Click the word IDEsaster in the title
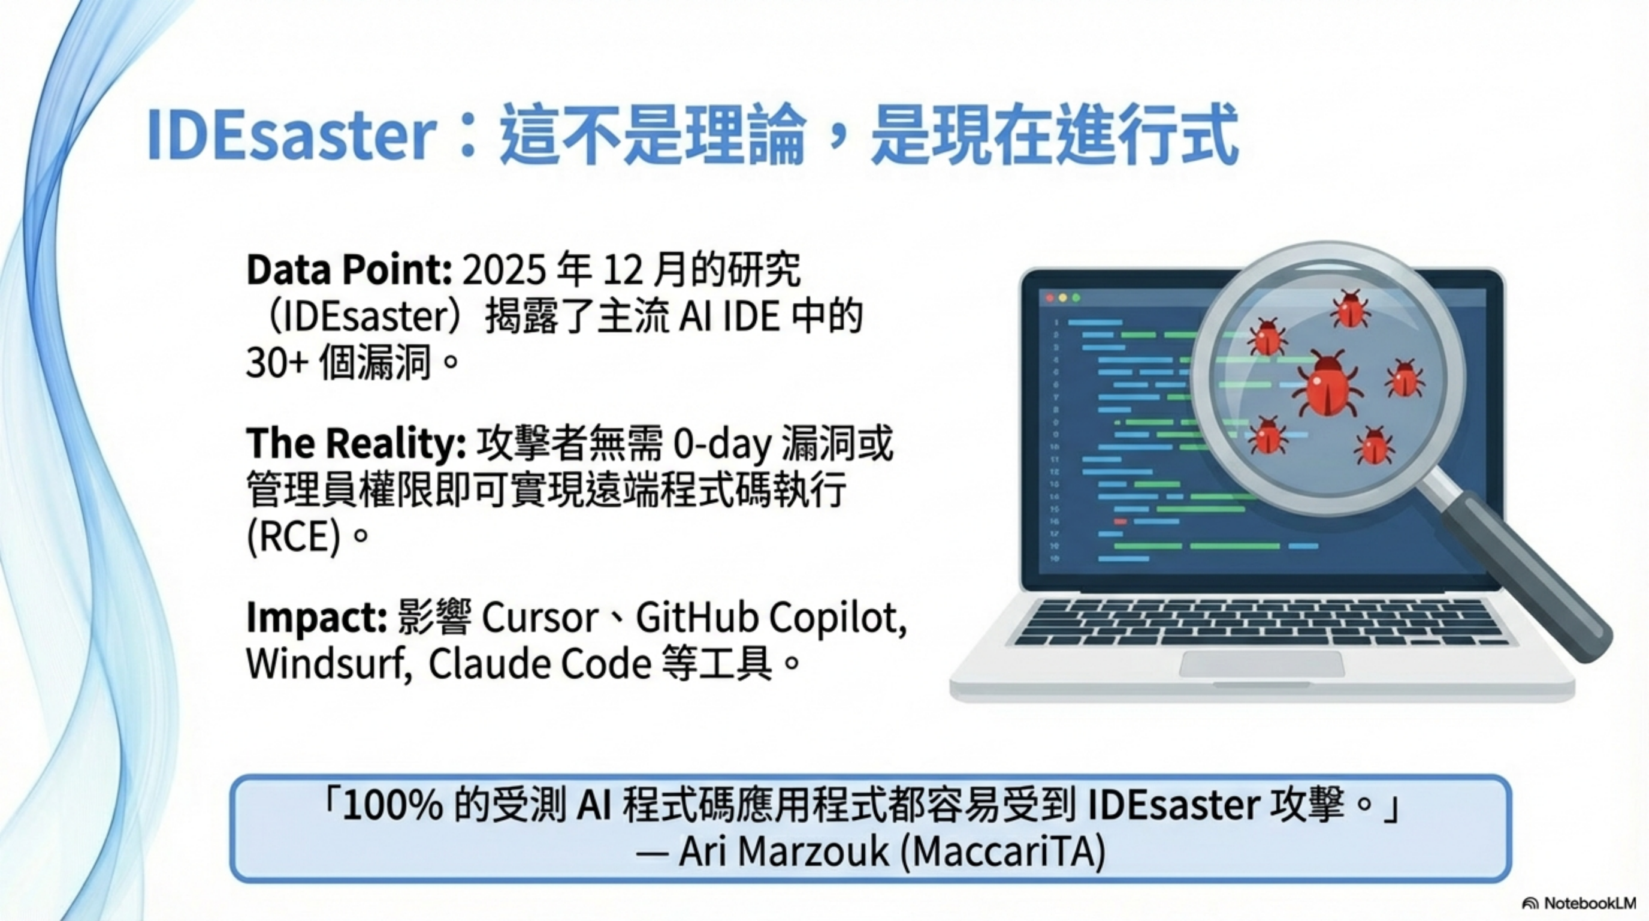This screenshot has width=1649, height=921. tap(292, 135)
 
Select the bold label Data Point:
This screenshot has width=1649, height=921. tap(349, 270)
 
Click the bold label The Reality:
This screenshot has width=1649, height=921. tap(357, 443)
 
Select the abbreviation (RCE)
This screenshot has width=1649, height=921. tap(294, 537)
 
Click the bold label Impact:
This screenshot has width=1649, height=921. tap(317, 618)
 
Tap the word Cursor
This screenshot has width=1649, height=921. tap(540, 618)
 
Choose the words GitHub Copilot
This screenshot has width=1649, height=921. tap(771, 618)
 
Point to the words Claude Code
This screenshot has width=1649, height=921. tap(540, 664)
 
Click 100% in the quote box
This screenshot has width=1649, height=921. tap(392, 806)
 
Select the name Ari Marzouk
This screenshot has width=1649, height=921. tap(784, 852)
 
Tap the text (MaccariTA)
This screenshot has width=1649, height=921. tap(1002, 853)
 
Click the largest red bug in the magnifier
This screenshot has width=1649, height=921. tap(1327, 386)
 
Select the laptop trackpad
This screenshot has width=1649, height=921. tap(1261, 664)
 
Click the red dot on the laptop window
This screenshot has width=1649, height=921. tap(1050, 299)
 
